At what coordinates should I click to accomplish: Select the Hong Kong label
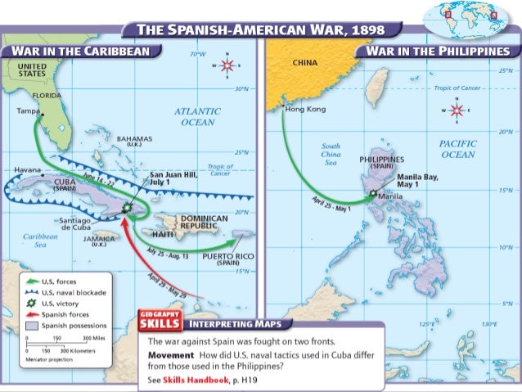pyautogui.click(x=305, y=109)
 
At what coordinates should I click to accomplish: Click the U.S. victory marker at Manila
pyautogui.click(x=373, y=195)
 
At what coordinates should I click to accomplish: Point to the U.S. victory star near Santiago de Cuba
pyautogui.click(x=125, y=209)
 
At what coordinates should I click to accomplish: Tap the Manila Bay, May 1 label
pyautogui.click(x=418, y=181)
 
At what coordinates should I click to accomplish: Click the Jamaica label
pyautogui.click(x=99, y=240)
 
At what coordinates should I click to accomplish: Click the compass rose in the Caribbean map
pyautogui.click(x=227, y=65)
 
